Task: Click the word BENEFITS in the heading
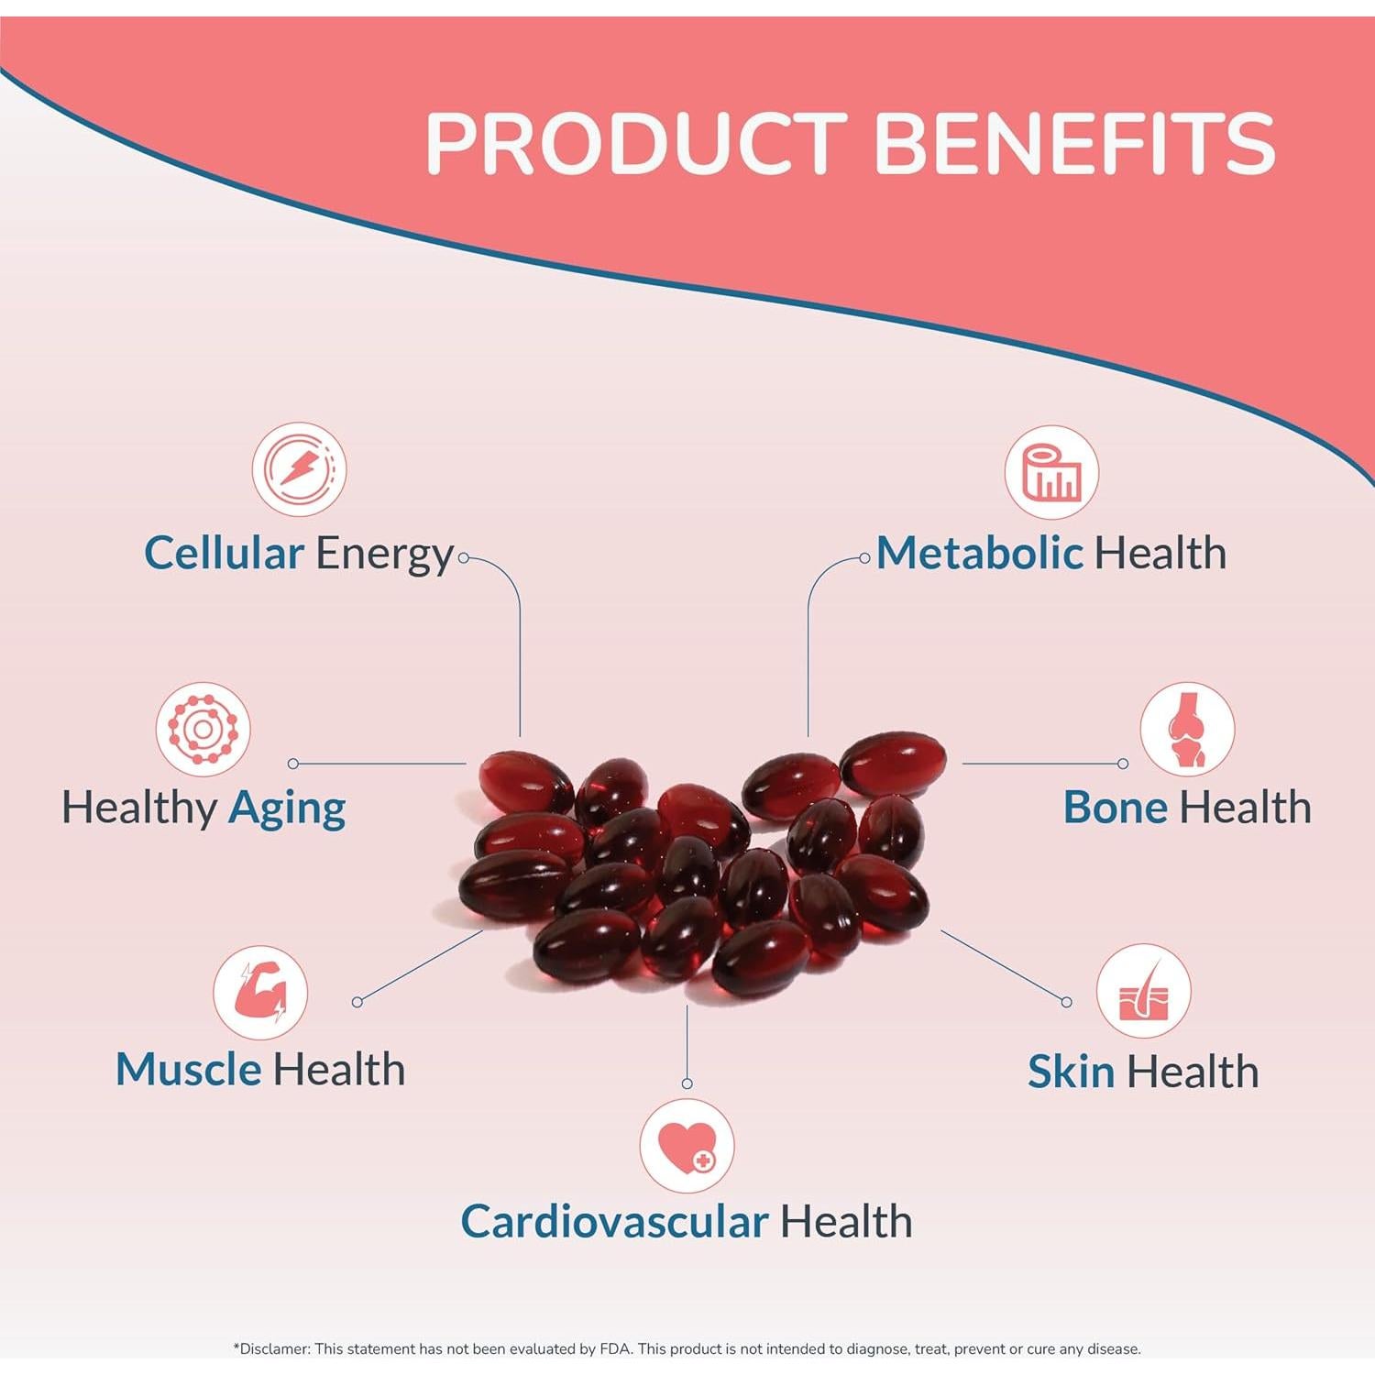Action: point(1074,143)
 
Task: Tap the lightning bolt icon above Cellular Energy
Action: point(299,468)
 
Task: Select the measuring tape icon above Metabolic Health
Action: point(1051,472)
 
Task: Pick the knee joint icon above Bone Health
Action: point(1187,730)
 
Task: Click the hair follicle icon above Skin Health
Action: point(1143,992)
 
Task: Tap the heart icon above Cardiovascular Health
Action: point(687,1146)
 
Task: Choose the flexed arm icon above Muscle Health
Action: point(260,993)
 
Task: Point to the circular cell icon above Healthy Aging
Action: point(203,730)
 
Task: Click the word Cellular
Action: point(224,554)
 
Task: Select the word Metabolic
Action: point(979,554)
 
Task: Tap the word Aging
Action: point(287,809)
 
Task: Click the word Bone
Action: point(1115,808)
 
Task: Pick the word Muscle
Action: point(188,1070)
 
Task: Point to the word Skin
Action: point(1071,1072)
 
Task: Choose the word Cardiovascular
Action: point(614,1222)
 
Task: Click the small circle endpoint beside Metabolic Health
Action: point(864,557)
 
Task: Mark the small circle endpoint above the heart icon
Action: point(687,1083)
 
